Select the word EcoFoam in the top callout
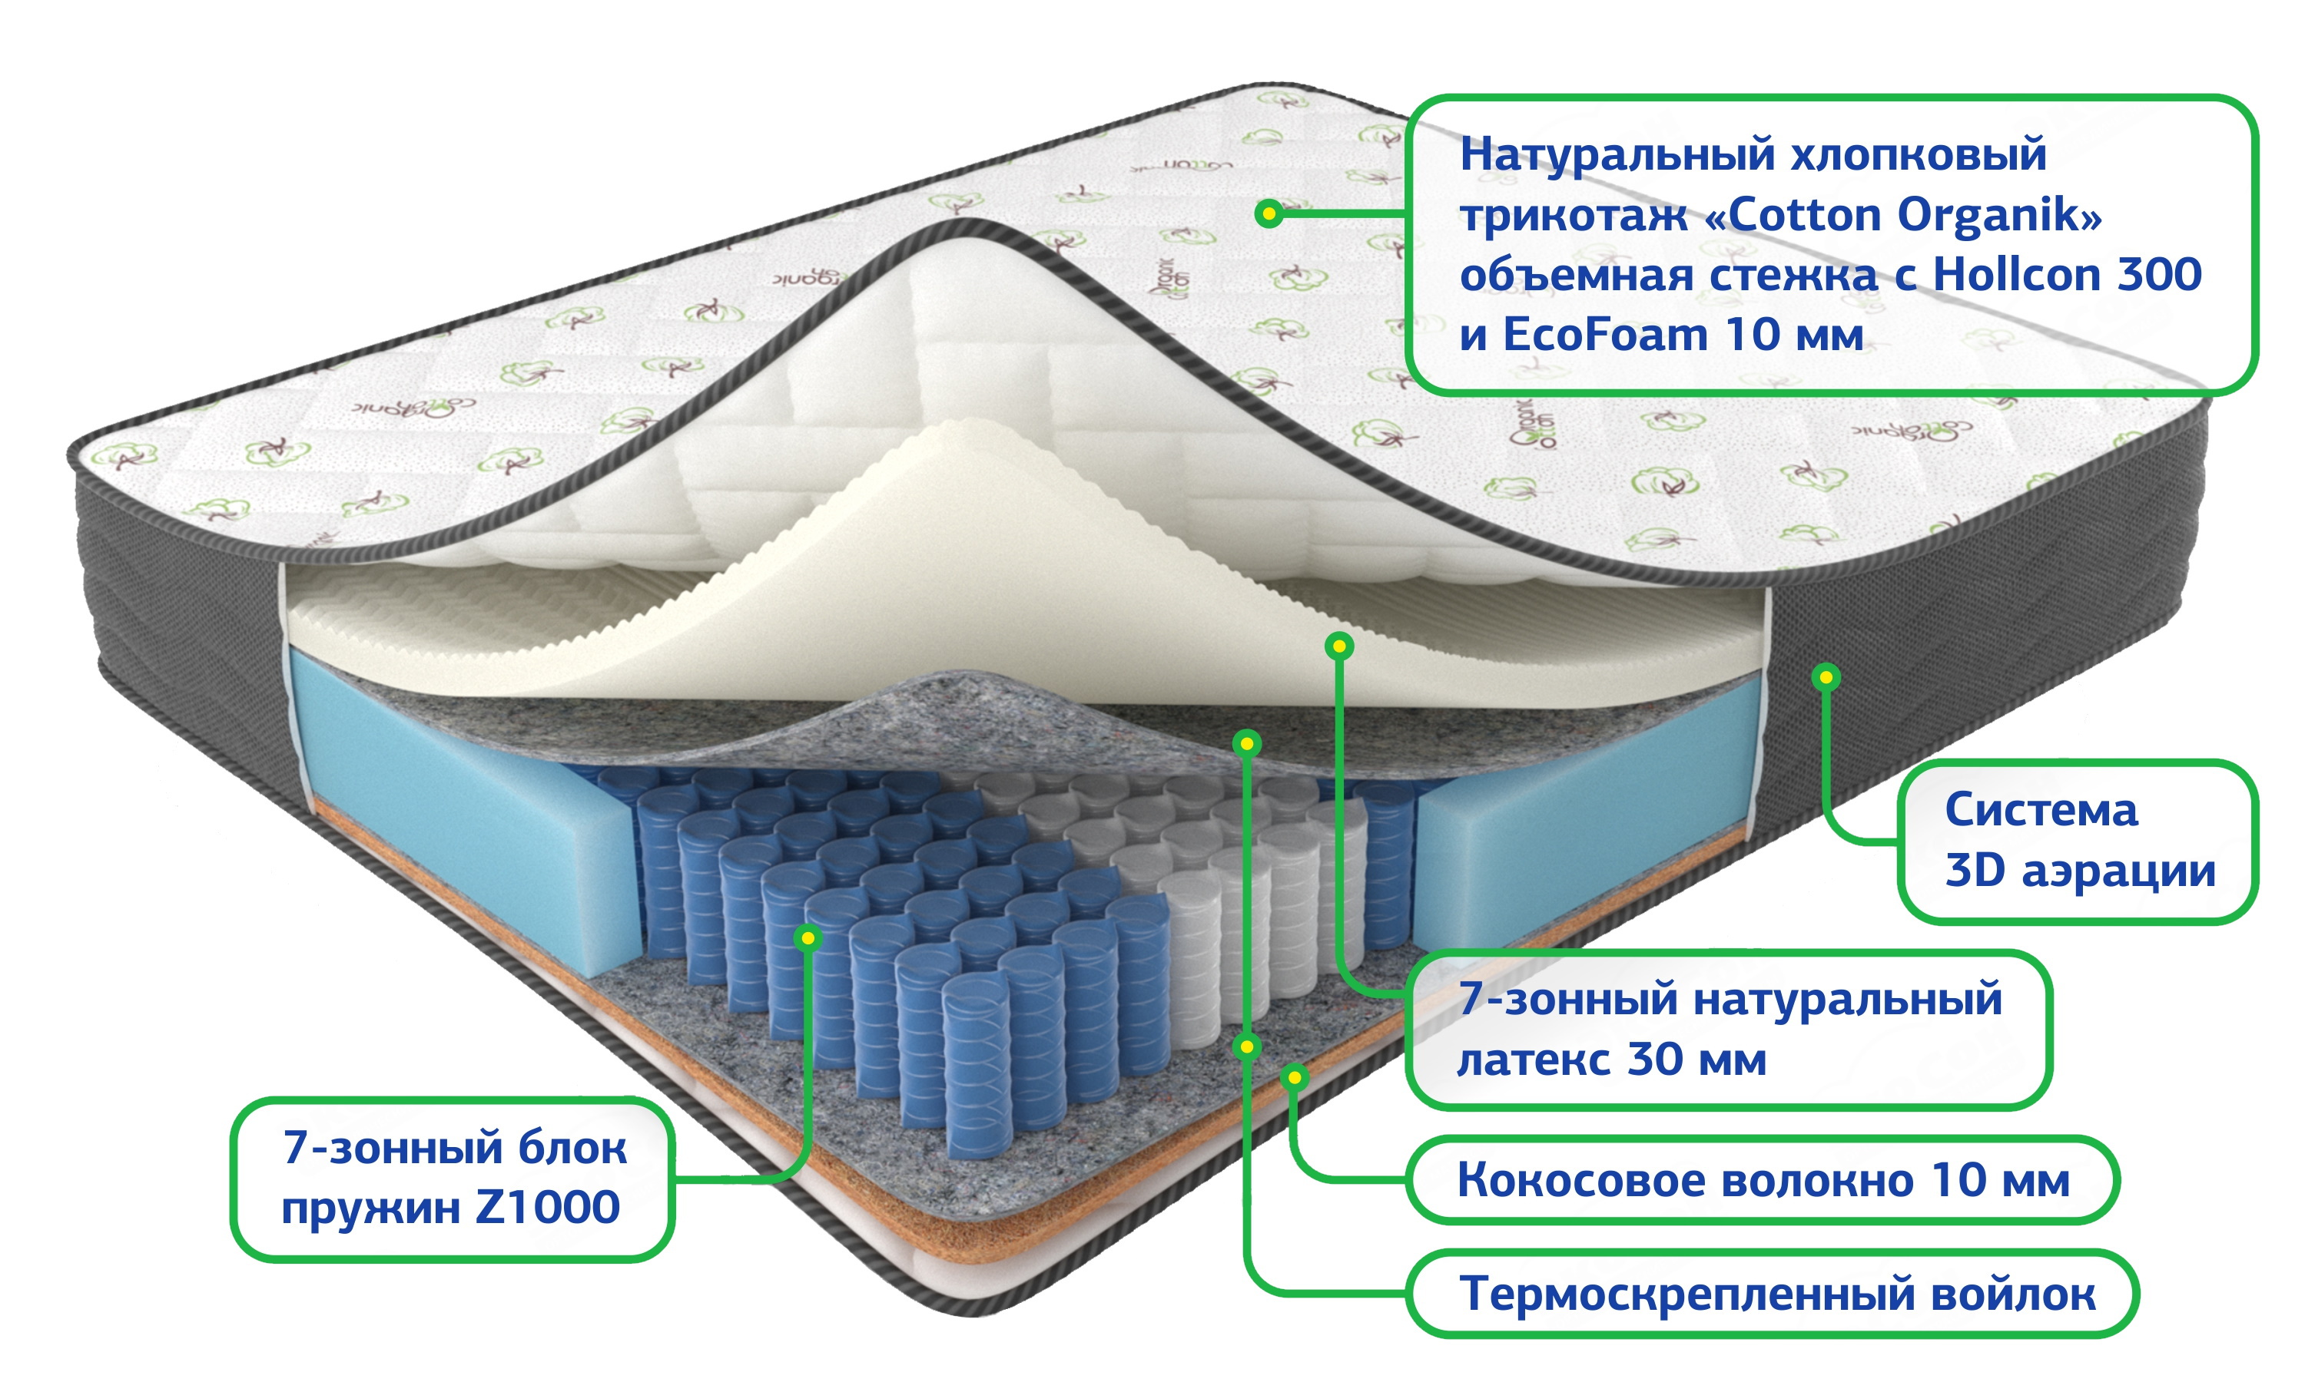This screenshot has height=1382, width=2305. pos(1604,336)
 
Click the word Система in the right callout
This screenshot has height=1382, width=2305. pos(2041,809)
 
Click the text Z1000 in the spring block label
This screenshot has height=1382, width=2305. pos(547,1207)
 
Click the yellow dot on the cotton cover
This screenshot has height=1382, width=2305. pos(1268,214)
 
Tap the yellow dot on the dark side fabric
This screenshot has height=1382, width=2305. pos(1826,677)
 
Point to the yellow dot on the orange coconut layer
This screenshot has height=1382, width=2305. pos(1294,1077)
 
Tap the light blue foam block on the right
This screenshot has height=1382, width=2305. pos(1584,838)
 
